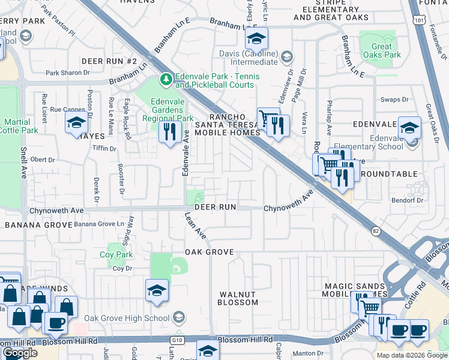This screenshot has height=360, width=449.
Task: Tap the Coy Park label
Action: (116, 254)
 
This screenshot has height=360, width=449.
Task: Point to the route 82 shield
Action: (376, 230)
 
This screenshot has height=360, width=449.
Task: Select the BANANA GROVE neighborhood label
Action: (35, 225)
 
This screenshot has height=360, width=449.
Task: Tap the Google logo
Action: (20, 353)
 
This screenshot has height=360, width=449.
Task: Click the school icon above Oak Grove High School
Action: (157, 290)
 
